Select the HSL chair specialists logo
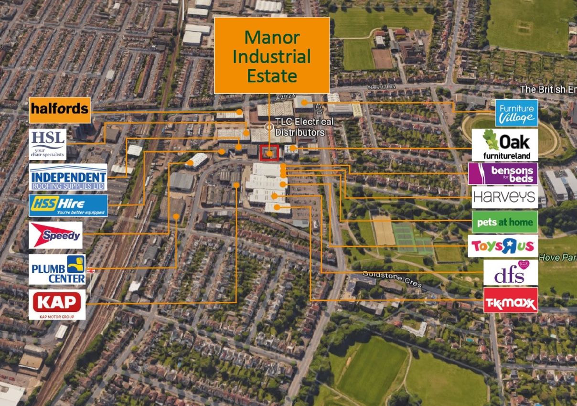point(47,143)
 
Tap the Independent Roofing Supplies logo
point(68,177)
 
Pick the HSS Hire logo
point(68,205)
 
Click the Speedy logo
point(55,235)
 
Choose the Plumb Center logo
point(57,269)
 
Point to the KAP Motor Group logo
point(57,304)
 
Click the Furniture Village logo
point(516,113)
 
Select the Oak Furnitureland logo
point(504,145)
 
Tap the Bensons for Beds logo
point(502,173)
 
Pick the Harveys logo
point(504,197)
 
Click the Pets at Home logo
point(504,222)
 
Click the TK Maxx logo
point(510,300)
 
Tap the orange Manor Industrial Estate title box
point(271,55)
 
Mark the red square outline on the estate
point(269,153)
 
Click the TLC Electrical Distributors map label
point(300,127)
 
